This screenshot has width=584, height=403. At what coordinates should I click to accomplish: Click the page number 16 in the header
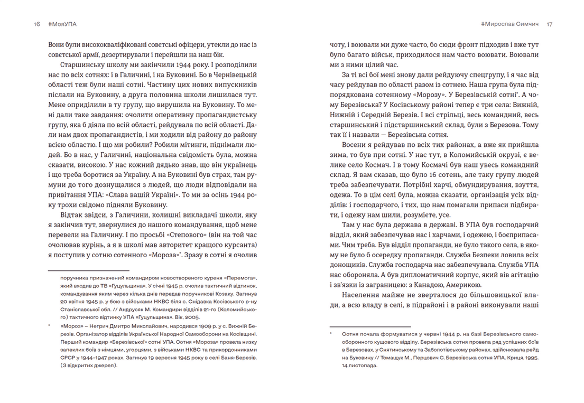[36, 24]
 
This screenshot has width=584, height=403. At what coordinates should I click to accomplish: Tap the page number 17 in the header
[549, 24]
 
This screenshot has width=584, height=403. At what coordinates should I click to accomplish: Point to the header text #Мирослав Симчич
[511, 24]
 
